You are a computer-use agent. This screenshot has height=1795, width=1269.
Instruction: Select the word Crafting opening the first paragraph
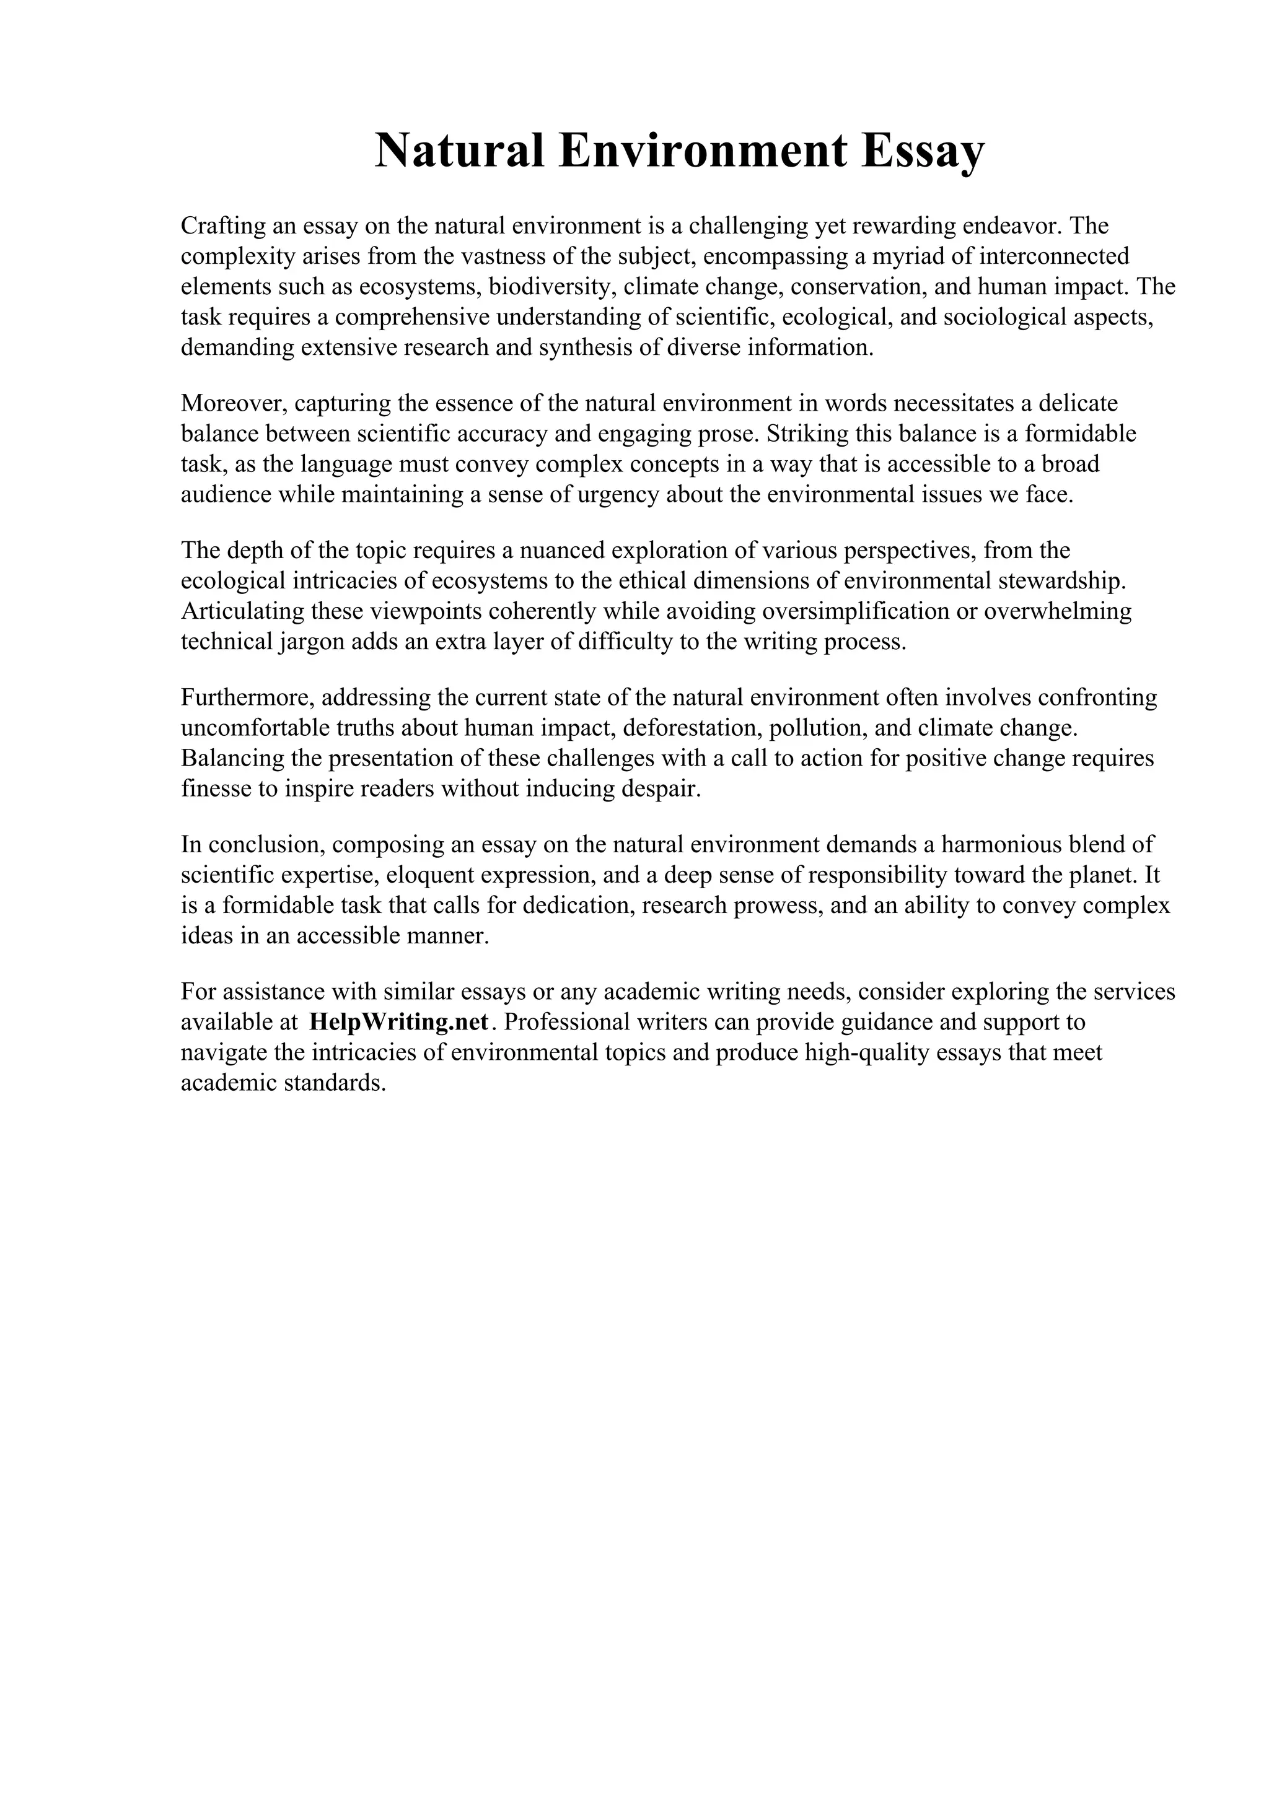[x=222, y=227]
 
